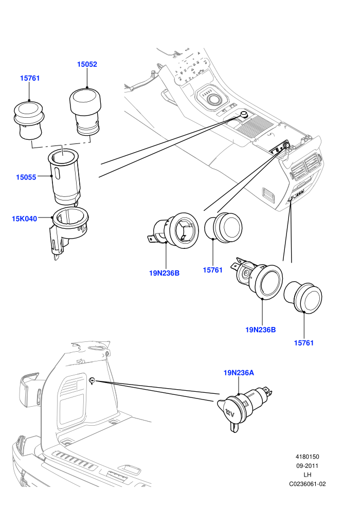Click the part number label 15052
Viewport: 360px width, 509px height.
(x=87, y=64)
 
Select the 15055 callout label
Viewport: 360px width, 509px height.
(x=26, y=177)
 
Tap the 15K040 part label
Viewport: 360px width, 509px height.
(x=24, y=219)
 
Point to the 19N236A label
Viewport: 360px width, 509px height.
(x=239, y=373)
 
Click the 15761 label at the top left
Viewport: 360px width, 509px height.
(x=30, y=78)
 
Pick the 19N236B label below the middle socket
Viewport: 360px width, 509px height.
(x=164, y=273)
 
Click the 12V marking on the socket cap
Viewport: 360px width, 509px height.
(x=230, y=413)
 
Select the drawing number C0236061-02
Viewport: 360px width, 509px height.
(x=308, y=484)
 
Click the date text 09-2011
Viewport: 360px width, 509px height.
(x=307, y=466)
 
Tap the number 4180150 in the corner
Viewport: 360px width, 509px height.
(x=307, y=457)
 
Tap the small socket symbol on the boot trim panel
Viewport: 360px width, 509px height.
(x=92, y=380)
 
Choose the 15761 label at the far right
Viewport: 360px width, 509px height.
(x=304, y=343)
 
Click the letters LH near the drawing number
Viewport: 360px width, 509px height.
(x=308, y=475)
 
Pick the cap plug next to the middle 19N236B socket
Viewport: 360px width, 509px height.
(x=223, y=228)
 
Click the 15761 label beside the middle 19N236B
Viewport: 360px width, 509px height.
(x=212, y=270)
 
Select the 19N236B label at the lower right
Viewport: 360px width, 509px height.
(x=261, y=330)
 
